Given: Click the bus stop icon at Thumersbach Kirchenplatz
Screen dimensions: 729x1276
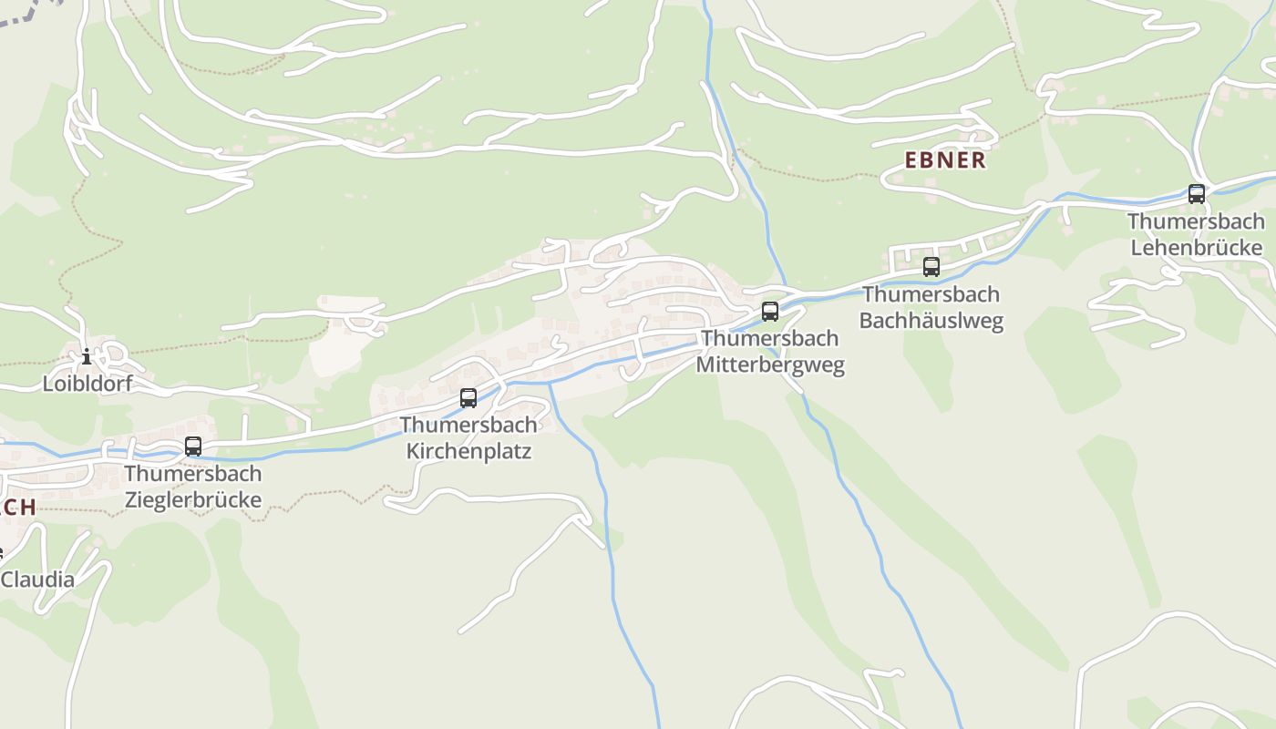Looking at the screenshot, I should pyautogui.click(x=468, y=398).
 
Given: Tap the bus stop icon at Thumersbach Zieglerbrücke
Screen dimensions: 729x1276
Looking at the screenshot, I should pyautogui.click(x=193, y=447).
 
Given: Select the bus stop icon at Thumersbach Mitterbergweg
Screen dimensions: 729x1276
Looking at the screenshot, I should pyautogui.click(x=770, y=312).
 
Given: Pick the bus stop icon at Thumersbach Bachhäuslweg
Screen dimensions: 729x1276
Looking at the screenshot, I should pyautogui.click(x=931, y=267).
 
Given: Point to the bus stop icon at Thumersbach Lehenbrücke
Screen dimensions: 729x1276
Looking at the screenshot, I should pyautogui.click(x=1196, y=194).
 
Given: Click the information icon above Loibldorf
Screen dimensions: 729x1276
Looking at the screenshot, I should pyautogui.click(x=87, y=356).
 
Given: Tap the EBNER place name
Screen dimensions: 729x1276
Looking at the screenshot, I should pyautogui.click(x=945, y=160).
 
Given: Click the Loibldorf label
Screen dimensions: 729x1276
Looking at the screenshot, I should pyautogui.click(x=87, y=384).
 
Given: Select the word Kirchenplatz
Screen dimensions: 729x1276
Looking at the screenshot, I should pyautogui.click(x=468, y=451).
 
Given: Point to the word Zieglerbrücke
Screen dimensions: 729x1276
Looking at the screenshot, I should pyautogui.click(x=193, y=499).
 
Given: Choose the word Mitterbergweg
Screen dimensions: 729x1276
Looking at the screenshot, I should pyautogui.click(x=770, y=365).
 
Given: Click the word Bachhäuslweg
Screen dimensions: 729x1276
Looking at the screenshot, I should pyautogui.click(x=931, y=321).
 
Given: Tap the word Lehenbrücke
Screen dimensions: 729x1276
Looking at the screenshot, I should pyautogui.click(x=1196, y=248).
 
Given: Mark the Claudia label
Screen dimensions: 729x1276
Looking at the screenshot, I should pyautogui.click(x=38, y=580).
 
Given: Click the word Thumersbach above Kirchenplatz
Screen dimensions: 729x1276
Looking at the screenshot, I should pyautogui.click(x=468, y=425).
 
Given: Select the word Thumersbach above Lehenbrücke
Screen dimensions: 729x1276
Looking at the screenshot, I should pyautogui.click(x=1196, y=221).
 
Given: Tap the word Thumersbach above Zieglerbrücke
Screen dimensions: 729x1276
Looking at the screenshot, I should pyautogui.click(x=193, y=474).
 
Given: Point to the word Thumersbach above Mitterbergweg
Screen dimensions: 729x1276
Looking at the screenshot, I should pyautogui.click(x=770, y=338).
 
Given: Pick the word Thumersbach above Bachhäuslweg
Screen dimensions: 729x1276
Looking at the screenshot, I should pyautogui.click(x=931, y=294).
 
